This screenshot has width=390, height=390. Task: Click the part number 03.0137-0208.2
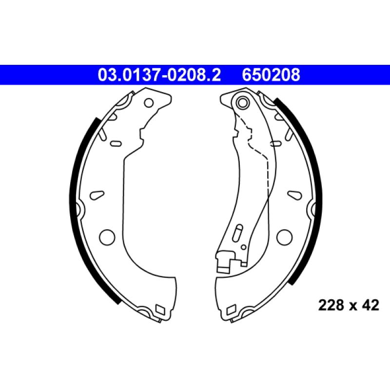[159, 75]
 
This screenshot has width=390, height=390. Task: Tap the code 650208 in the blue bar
[271, 75]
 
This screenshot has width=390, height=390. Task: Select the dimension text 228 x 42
[349, 305]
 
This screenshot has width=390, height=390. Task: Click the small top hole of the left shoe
[149, 102]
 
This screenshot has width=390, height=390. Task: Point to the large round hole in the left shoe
[107, 237]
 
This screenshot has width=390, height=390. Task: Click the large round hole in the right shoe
[284, 237]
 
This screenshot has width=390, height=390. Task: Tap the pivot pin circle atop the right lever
[242, 102]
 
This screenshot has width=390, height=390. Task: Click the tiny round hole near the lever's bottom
[244, 247]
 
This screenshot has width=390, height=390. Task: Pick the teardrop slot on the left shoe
[97, 195]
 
